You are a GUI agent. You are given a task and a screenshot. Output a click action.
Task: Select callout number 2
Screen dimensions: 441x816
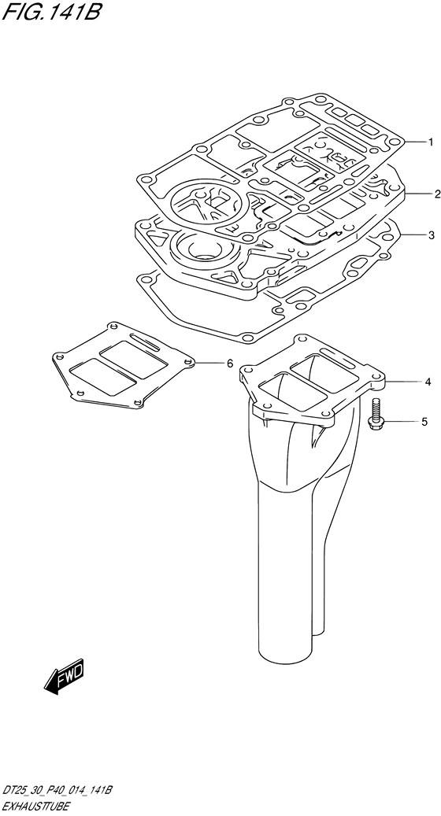pyautogui.click(x=437, y=194)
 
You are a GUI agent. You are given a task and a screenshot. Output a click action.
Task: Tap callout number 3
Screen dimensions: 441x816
pyautogui.click(x=431, y=235)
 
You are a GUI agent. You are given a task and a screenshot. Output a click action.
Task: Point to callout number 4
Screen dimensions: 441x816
pyautogui.click(x=428, y=382)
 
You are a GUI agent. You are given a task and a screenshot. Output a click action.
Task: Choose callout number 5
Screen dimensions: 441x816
pyautogui.click(x=424, y=422)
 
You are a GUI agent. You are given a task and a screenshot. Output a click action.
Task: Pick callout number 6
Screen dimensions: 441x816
pyautogui.click(x=230, y=364)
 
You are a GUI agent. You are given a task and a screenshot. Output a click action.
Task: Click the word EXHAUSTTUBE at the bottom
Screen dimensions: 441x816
pyautogui.click(x=35, y=806)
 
